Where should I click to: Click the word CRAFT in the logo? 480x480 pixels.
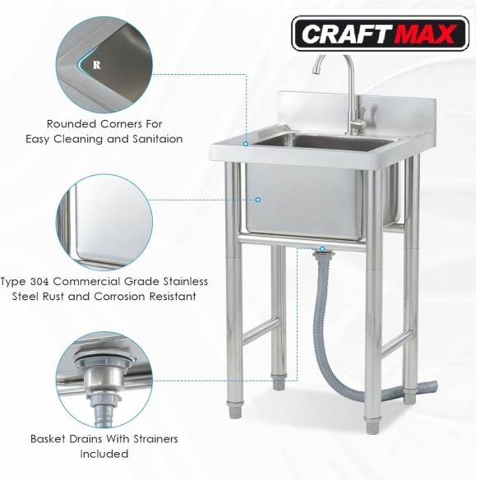coord(347,34)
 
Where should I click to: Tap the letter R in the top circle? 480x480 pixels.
coord(96,65)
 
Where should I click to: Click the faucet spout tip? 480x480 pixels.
coord(316,70)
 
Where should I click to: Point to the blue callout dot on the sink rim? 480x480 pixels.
coord(246,144)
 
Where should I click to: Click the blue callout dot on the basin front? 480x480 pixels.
coord(258,200)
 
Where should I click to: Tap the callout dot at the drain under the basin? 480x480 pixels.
coord(322,249)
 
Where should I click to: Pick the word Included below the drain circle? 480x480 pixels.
coord(104,454)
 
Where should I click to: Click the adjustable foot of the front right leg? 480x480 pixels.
coord(373,425)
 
